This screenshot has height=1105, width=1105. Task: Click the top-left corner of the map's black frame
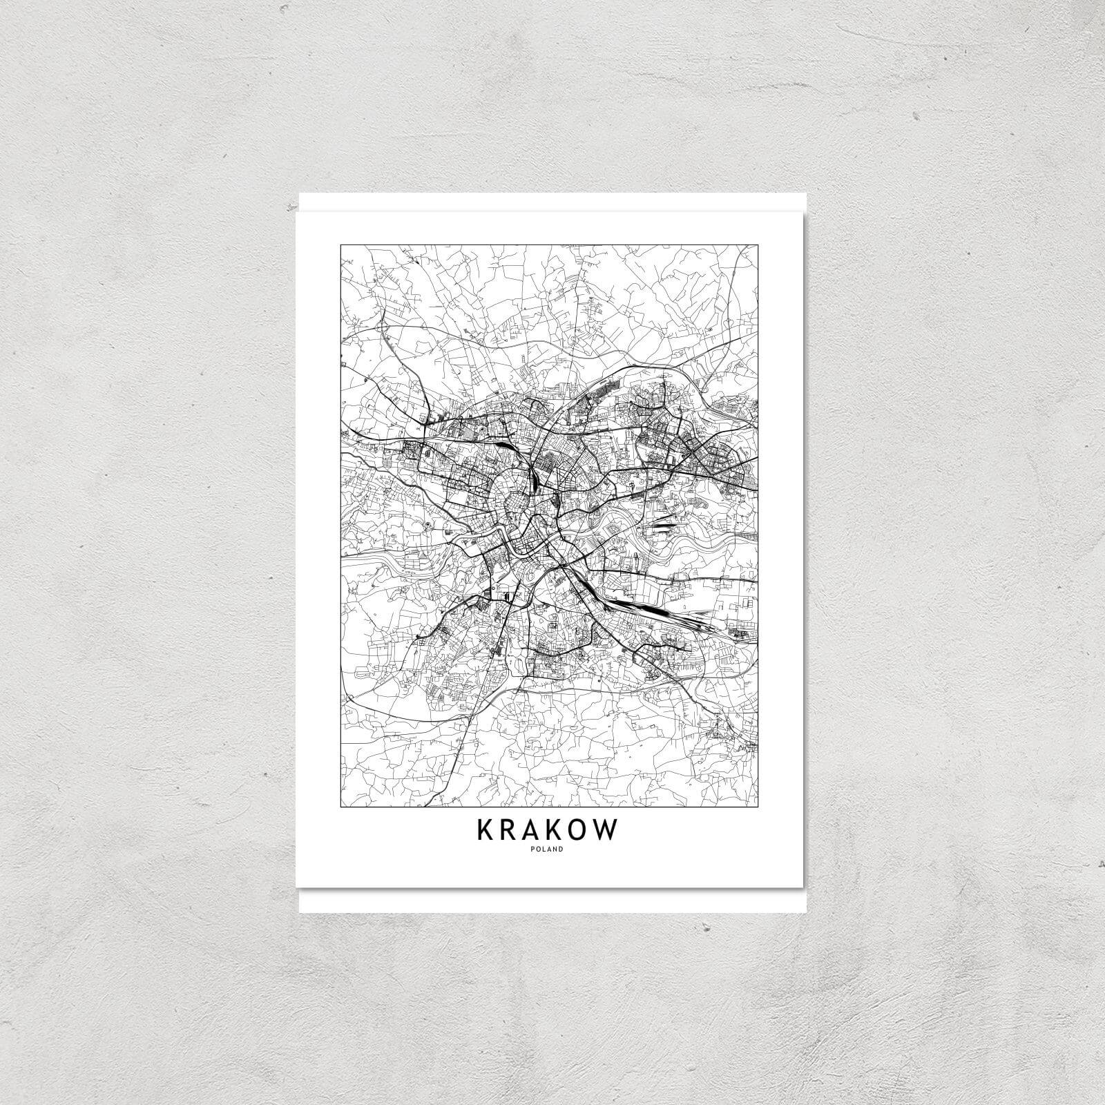pos(341,245)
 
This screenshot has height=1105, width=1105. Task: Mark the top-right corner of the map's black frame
pos(758,245)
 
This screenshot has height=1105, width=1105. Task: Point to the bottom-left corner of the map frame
pos(341,807)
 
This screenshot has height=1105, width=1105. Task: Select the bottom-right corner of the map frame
pos(758,807)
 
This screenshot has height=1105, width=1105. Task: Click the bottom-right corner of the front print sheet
pos(801,887)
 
